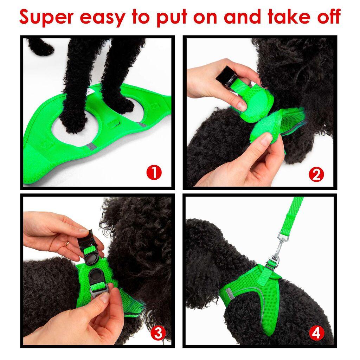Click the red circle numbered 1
[x=154, y=173]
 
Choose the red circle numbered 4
[x=316, y=333]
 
